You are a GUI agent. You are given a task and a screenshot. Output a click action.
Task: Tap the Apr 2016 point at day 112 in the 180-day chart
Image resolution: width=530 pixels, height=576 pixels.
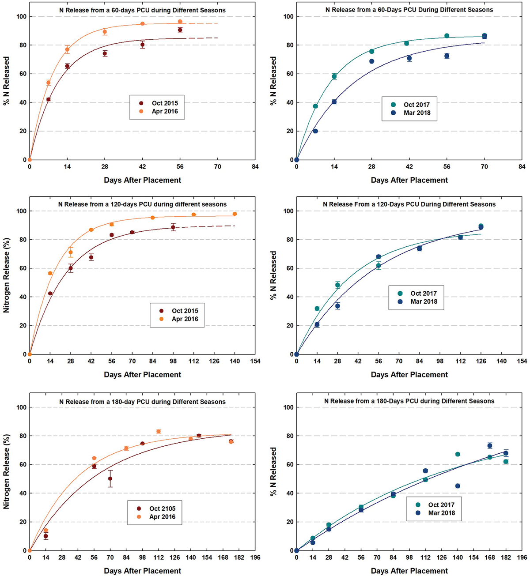point(159,431)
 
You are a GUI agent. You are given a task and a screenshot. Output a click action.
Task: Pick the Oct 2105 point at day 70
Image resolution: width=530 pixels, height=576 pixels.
point(110,478)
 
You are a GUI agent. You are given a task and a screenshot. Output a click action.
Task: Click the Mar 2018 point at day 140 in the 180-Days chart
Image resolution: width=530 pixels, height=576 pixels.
point(458,486)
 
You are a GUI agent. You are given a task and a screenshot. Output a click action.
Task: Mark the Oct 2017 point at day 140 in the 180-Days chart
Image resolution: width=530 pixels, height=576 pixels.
point(458,454)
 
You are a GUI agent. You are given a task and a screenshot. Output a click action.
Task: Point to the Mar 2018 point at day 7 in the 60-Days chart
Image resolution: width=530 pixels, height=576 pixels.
point(315,131)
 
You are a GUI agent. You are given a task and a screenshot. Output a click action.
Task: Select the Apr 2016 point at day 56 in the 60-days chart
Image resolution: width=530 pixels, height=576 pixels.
point(180,22)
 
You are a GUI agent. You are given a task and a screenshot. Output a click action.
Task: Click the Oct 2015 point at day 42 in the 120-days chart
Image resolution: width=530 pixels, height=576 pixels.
point(91,257)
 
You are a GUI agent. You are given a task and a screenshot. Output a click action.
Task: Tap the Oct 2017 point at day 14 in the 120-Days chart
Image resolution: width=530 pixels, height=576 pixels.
point(317,309)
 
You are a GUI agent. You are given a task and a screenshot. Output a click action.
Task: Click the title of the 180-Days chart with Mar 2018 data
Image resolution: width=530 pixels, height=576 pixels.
point(409,401)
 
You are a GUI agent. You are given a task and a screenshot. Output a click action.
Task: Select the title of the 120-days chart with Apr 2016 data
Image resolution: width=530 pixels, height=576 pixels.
point(142,204)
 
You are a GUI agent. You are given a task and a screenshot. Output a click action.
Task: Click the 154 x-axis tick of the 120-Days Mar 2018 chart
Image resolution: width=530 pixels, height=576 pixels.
point(522,361)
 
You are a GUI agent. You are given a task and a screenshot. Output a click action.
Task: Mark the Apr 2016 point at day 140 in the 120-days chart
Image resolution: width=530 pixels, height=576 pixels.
point(235,214)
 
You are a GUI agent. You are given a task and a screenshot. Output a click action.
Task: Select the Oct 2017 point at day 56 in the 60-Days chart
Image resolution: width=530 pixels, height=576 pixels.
point(447,36)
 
